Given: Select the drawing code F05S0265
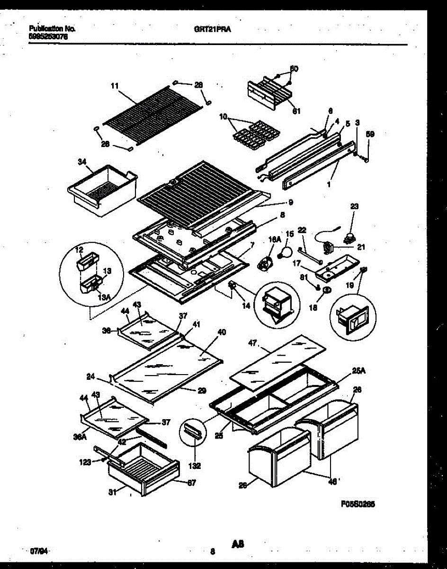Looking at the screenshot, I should click(358, 506).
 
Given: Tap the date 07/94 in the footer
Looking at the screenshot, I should click(39, 551).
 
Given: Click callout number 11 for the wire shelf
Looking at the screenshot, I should click(114, 86).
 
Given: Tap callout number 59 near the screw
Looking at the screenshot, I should click(371, 134).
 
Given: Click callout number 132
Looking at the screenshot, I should click(195, 466).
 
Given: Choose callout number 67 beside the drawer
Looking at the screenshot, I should click(191, 483).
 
